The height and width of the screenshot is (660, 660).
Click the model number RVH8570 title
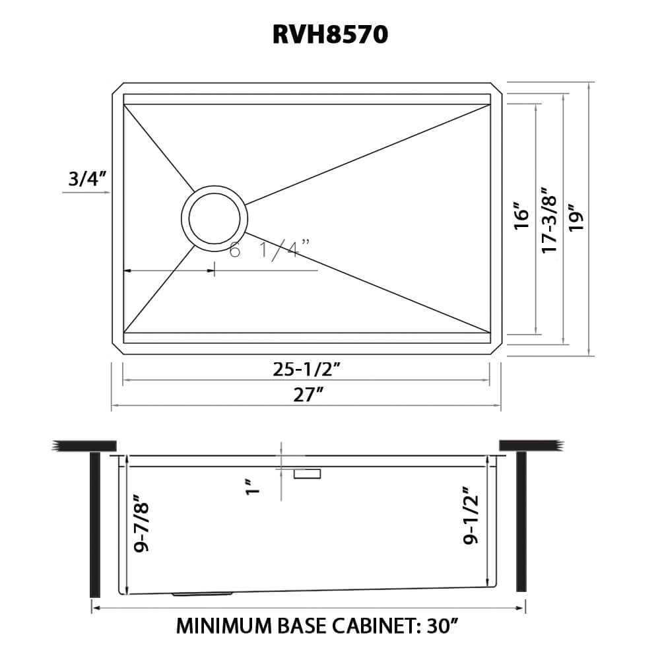[330, 35]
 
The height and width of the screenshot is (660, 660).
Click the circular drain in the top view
[214, 216]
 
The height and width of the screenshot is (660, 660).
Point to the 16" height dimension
[521, 216]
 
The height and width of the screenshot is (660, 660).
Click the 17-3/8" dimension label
[549, 218]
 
